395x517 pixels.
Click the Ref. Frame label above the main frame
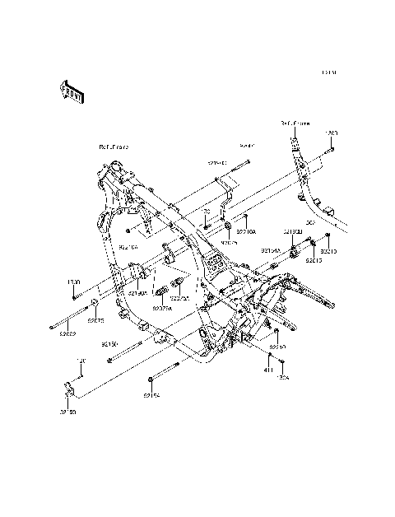point(113,147)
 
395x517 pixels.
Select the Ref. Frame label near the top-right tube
point(295,123)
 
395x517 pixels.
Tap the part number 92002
point(67,335)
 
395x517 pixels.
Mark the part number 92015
point(314,259)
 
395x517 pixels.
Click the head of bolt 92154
point(148,380)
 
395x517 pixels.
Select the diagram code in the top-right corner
point(329,73)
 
